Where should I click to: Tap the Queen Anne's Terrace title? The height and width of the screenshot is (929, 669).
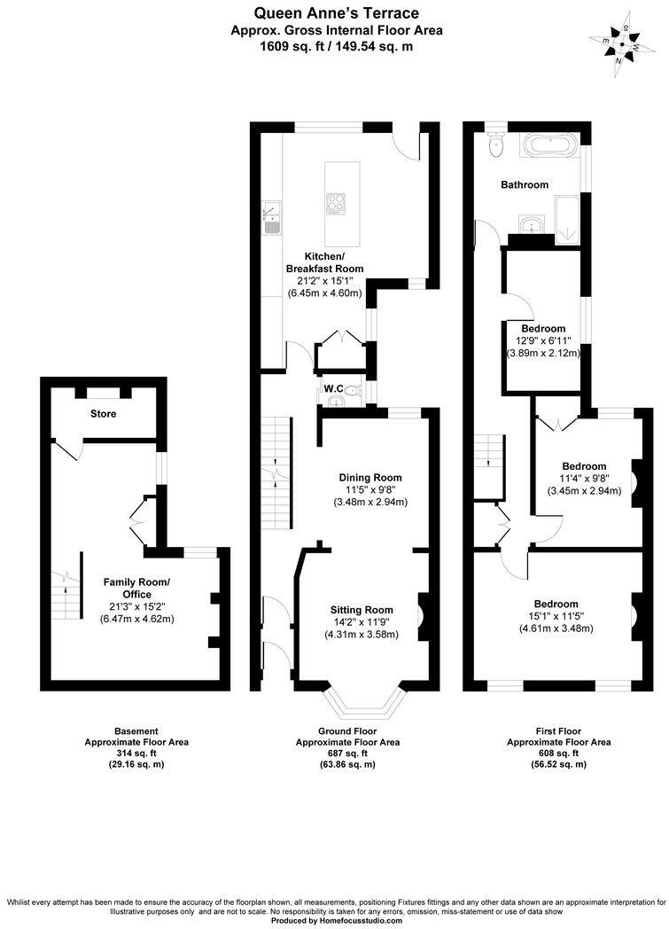336,12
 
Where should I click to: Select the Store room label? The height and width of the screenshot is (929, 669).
103,414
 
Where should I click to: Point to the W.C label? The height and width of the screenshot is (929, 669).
332,389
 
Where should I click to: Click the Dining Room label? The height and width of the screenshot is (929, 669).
370,476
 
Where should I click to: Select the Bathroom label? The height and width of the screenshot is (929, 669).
525,184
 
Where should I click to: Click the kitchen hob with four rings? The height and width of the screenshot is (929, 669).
338,204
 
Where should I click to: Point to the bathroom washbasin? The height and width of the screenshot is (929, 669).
530,223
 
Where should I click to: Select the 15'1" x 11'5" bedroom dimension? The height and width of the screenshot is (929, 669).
556,616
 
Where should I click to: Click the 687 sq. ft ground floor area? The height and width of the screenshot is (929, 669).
347,753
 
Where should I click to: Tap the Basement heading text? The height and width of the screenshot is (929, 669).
136,731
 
